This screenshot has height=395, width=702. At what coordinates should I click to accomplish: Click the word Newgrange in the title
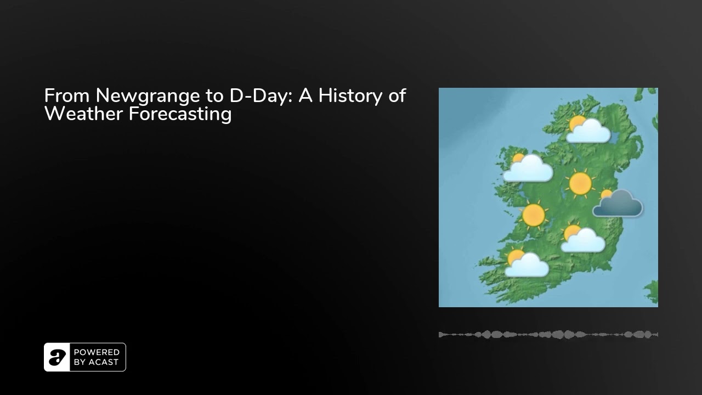148,96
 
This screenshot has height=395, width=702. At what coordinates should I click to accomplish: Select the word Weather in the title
84,114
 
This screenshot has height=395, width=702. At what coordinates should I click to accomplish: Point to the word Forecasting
180,114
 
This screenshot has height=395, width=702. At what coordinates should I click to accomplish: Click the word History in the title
350,96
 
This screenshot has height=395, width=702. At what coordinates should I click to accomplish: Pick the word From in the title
67,95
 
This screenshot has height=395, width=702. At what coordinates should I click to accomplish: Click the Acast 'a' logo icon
57,357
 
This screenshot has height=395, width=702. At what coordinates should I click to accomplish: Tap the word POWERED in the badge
97,352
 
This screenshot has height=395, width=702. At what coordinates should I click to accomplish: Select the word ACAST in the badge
104,362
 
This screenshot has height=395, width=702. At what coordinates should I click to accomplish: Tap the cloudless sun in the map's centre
580,184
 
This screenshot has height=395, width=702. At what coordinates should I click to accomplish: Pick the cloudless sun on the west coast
534,215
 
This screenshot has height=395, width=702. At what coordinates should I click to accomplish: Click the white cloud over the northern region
589,132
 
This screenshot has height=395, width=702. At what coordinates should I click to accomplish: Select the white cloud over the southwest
527,266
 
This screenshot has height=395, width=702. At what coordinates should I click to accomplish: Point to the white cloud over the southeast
583,241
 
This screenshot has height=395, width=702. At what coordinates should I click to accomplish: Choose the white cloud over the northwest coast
528,169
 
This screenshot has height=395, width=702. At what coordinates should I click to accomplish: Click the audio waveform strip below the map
548,335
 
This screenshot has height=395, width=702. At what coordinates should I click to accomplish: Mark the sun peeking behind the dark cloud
606,194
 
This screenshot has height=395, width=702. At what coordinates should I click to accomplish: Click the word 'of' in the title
398,95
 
